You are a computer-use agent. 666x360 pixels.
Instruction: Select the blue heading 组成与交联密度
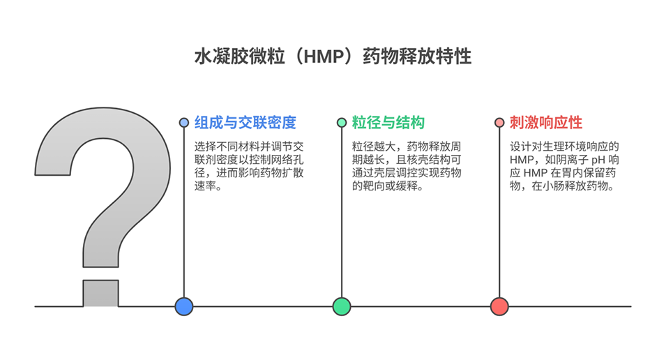tap(245, 123)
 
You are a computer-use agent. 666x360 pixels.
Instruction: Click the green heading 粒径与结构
tap(388, 123)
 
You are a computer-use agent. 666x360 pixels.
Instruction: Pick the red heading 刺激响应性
tap(545, 123)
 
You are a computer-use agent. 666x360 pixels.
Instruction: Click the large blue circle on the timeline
tap(184, 306)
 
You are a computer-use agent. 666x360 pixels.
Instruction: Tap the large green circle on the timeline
tap(342, 306)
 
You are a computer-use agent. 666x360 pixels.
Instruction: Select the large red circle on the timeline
tap(499, 306)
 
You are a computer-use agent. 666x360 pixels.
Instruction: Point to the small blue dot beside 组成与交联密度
tap(184, 123)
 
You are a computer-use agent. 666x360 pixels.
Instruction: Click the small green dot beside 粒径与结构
tap(342, 123)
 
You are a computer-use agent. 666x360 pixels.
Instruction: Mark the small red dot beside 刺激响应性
tap(499, 123)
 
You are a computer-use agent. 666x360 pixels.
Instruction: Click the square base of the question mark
tap(101, 292)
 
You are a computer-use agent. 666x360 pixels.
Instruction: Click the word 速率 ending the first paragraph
tap(205, 187)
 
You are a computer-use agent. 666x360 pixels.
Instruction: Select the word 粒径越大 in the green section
tap(374, 147)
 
